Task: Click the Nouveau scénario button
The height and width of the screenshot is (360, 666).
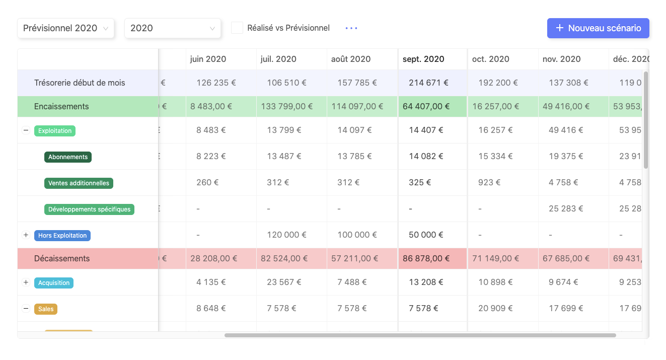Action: pyautogui.click(x=598, y=28)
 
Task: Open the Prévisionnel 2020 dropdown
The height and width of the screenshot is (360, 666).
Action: pyautogui.click(x=66, y=28)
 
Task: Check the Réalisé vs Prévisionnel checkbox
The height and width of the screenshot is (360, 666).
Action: pyautogui.click(x=237, y=28)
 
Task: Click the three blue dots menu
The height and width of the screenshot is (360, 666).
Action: pyautogui.click(x=351, y=28)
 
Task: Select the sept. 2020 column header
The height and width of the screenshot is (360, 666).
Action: pyautogui.click(x=423, y=59)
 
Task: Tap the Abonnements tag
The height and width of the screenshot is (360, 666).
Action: pyautogui.click(x=68, y=157)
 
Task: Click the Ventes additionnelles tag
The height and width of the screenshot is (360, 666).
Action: pyautogui.click(x=79, y=183)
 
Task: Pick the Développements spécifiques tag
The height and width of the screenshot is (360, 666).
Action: pyautogui.click(x=89, y=209)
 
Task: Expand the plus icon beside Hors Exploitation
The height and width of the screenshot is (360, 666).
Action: pyautogui.click(x=26, y=235)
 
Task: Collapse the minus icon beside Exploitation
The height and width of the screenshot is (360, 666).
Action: pyautogui.click(x=26, y=130)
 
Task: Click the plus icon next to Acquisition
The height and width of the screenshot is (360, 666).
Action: pyautogui.click(x=26, y=282)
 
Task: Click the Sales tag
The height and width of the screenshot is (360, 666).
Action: pyautogui.click(x=46, y=309)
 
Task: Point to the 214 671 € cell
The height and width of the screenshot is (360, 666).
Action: pyautogui.click(x=428, y=83)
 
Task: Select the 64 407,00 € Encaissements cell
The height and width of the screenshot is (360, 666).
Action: pyautogui.click(x=426, y=106)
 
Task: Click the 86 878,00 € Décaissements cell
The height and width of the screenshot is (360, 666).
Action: pyautogui.click(x=426, y=258)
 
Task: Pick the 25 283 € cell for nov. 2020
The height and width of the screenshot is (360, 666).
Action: pyautogui.click(x=566, y=208)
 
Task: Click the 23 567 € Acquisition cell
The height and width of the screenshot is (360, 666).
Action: pyautogui.click(x=284, y=282)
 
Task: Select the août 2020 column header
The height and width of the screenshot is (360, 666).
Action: pyautogui.click(x=351, y=59)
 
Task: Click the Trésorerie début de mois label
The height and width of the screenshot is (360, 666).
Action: pyautogui.click(x=80, y=83)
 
